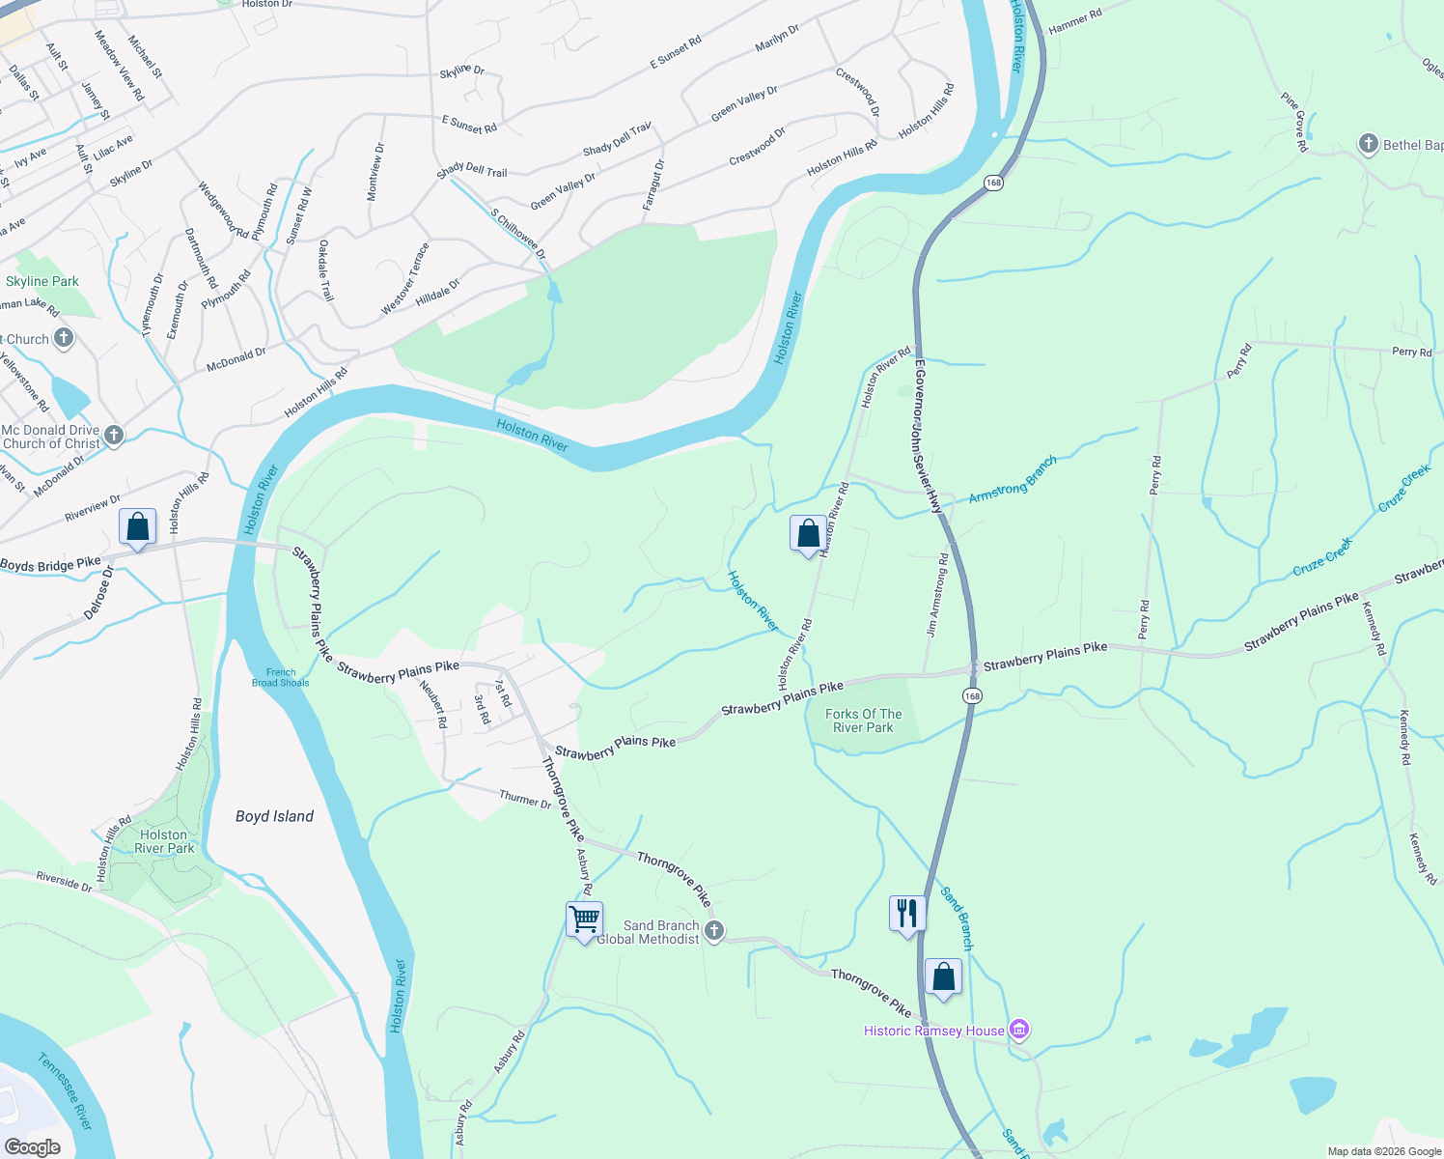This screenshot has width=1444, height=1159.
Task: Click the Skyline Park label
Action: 42,282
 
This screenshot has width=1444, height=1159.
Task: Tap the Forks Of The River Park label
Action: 864,721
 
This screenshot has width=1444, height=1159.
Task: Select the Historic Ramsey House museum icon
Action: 1018,1030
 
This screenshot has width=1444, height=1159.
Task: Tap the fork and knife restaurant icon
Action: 907,913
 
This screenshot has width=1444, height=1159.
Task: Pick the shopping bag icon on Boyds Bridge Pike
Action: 137,527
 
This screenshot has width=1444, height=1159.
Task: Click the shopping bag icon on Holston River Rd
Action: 808,533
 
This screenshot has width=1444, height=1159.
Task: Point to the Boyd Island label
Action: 274,816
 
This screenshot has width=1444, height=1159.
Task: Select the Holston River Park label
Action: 164,841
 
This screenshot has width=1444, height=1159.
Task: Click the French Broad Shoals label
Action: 281,677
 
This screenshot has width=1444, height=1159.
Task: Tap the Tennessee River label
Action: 66,1091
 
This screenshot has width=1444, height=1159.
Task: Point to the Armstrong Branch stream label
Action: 1013,479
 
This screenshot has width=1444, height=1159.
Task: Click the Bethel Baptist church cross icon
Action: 1368,145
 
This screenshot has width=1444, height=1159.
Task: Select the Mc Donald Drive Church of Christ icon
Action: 114,436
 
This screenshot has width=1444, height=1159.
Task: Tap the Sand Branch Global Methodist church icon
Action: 713,931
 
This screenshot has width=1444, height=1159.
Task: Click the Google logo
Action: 33,1147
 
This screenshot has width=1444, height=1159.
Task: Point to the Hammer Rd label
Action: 1074,22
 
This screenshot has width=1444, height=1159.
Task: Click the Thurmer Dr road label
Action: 525,800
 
